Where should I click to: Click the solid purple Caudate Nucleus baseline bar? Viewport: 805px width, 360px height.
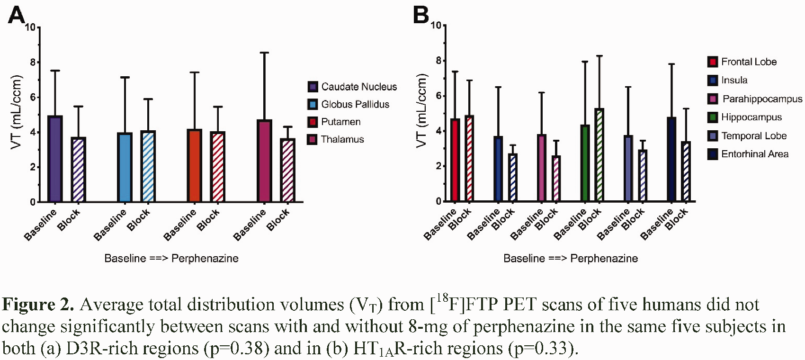[55, 159]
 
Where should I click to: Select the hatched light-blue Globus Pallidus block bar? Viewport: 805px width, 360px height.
[148, 166]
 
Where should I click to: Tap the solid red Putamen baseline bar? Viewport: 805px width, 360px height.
[195, 165]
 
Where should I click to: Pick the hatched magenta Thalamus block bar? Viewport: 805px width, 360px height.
[287, 170]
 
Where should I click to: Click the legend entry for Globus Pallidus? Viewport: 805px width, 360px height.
[348, 104]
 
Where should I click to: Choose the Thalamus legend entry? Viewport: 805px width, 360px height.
[336, 139]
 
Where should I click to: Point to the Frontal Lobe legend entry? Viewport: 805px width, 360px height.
[742, 62]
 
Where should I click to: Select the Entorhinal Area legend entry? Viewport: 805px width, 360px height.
[748, 154]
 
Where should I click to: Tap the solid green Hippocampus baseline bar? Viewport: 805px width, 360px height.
[585, 163]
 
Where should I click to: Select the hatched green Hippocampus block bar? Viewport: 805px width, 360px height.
[599, 154]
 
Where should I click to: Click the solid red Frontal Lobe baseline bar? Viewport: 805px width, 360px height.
[455, 160]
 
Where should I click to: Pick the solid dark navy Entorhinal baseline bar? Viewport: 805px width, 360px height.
[671, 159]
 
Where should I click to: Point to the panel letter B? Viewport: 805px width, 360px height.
[421, 15]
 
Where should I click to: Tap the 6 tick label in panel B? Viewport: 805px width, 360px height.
[438, 96]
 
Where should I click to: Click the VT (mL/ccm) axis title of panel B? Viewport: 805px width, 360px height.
[422, 111]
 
